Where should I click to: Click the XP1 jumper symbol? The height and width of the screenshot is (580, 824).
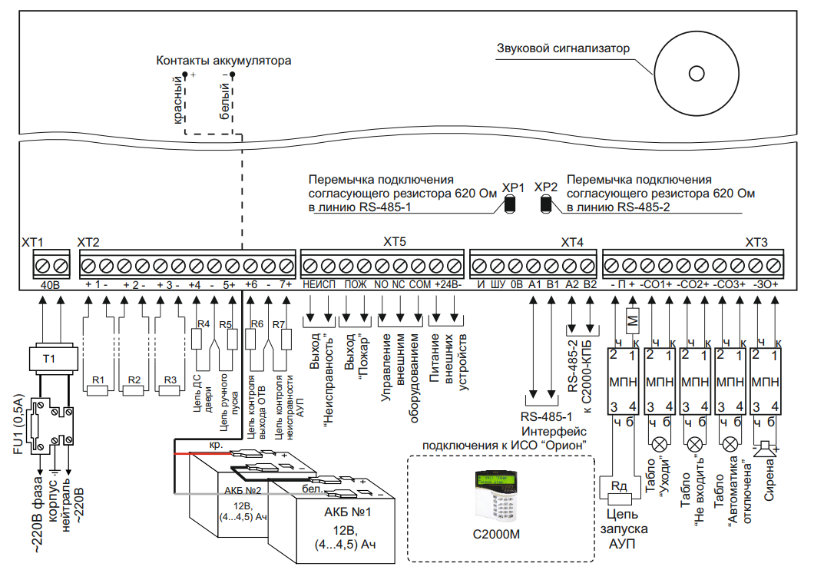click(510, 204)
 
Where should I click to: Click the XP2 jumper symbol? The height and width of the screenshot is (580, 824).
click(546, 204)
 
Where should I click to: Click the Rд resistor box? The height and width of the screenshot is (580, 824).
click(618, 486)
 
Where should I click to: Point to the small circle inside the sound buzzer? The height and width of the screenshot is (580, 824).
click(696, 73)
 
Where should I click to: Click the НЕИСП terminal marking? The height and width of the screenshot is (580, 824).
click(319, 284)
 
